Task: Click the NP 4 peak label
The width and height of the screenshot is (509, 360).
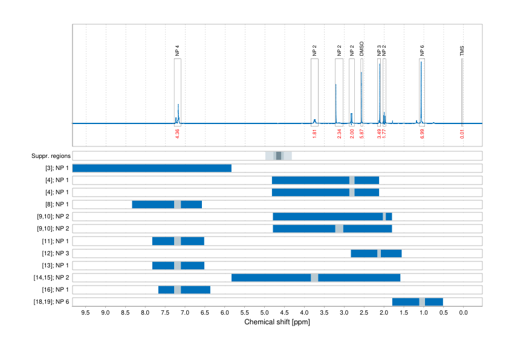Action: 177,51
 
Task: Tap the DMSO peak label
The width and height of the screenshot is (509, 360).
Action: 361,48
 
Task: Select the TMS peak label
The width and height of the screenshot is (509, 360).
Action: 462,50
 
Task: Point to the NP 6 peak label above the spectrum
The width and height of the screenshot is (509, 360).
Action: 421,51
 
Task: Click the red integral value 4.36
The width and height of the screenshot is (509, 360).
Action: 177,134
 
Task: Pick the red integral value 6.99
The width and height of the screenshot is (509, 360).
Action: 422,134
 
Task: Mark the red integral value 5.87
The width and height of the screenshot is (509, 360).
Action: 361,134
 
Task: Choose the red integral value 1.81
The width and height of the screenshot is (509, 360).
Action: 314,134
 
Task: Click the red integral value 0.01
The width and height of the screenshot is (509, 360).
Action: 462,134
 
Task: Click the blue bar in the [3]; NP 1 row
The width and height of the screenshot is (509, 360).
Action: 152,168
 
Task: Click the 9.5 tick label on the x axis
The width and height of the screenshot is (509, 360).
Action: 85,313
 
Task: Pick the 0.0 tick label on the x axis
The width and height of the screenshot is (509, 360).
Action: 463,313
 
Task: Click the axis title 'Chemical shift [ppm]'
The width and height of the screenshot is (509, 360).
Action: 277,322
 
